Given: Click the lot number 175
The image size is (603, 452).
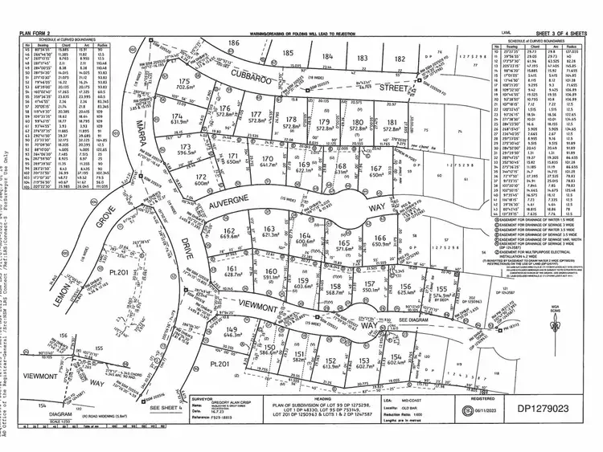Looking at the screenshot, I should (x=184, y=82).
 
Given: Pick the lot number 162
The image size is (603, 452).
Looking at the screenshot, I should (x=228, y=230).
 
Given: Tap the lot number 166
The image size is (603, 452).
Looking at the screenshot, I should (x=381, y=238).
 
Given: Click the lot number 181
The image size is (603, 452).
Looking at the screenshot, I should (x=392, y=122).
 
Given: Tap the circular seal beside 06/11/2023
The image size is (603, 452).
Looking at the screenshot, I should (x=467, y=411).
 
